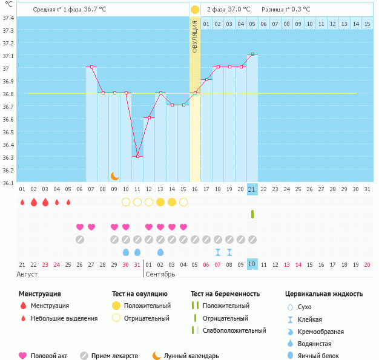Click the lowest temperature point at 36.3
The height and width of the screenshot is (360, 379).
coord(137,156)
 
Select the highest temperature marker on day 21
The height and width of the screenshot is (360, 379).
coord(252,54)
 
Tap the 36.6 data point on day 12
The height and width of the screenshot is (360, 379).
coord(149,118)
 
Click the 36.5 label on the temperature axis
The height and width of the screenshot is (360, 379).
coord(8,131)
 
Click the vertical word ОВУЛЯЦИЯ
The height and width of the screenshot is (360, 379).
coord(195,36)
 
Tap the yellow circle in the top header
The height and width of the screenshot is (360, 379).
coord(195,10)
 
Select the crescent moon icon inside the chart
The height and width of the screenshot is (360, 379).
coord(115,176)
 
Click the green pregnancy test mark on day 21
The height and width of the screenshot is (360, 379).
coord(252,214)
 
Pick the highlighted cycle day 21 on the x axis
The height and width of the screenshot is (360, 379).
coord(252,189)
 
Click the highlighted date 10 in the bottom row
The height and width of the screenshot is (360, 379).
coord(252,264)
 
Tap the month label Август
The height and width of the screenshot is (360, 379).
coord(27,274)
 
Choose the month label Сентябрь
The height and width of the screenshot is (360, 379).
coord(160,274)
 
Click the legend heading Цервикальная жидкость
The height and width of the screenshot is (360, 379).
coord(324,293)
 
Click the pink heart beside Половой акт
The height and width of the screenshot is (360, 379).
coord(23,356)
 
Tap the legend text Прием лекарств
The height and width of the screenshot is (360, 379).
coord(114,356)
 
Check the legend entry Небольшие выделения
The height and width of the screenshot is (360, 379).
coord(64,318)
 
